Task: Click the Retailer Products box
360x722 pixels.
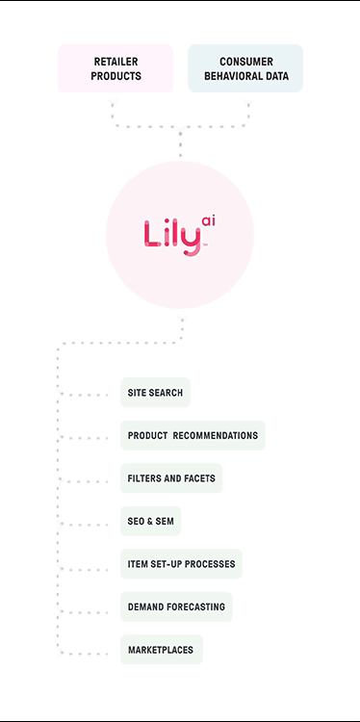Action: (116, 68)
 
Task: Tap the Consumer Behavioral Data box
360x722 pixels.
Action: (244, 68)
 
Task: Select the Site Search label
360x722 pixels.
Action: (155, 393)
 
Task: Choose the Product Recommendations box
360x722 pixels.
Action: (193, 435)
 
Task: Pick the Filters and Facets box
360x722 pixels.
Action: (171, 478)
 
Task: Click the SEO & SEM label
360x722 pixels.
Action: (150, 521)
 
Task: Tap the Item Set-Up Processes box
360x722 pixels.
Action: (181, 564)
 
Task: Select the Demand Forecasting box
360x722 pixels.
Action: (176, 607)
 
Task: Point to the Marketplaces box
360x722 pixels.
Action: (161, 650)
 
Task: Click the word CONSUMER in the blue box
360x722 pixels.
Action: (245, 62)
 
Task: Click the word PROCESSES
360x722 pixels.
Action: (209, 564)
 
